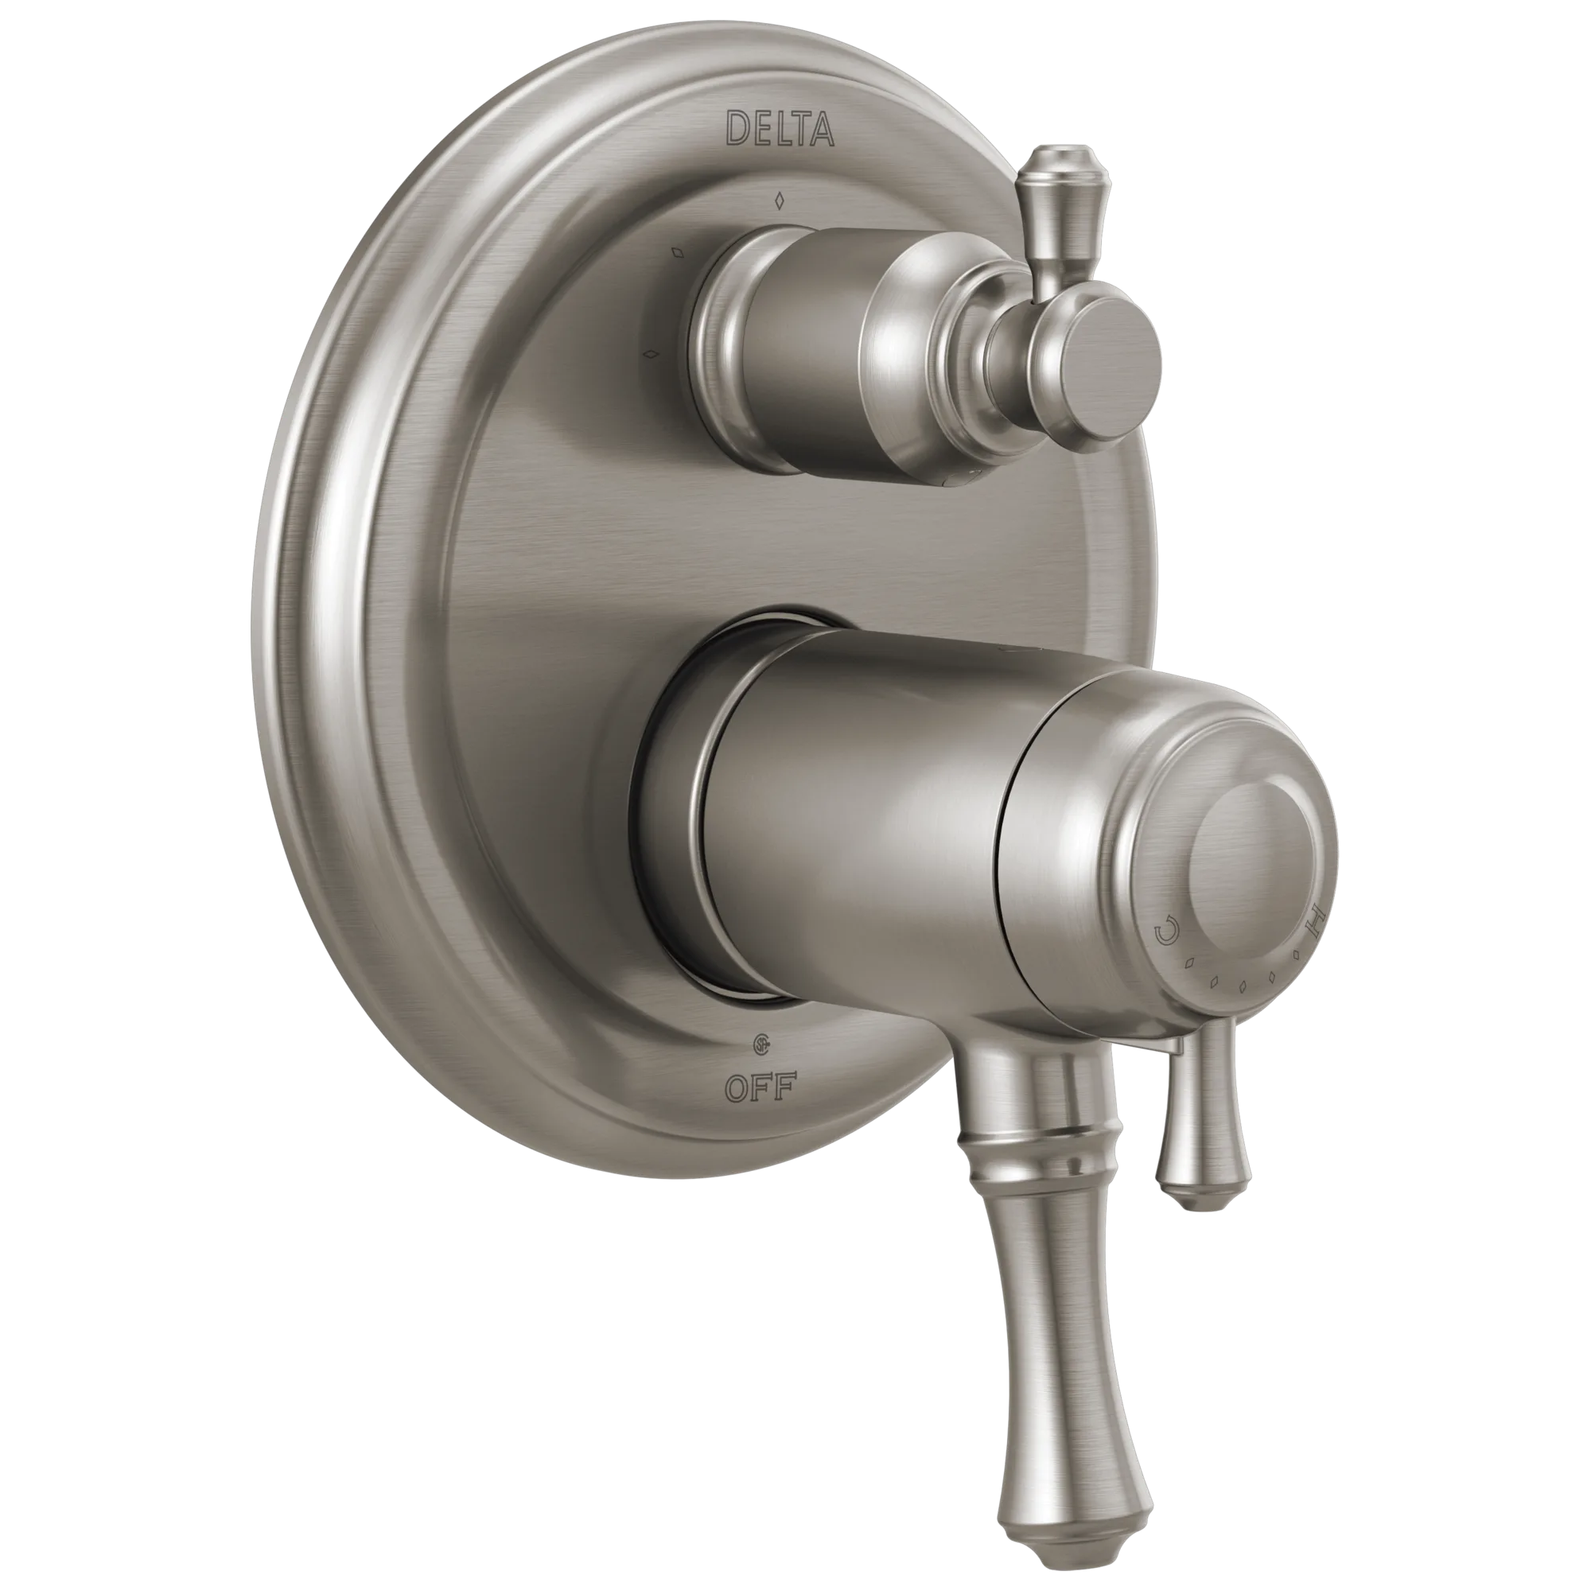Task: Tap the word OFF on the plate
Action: [x=759, y=1090]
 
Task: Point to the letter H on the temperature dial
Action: [x=1313, y=916]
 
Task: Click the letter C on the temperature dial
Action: [x=1166, y=934]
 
